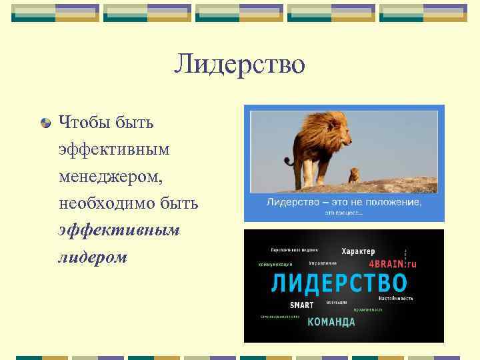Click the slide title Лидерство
(x=239, y=64)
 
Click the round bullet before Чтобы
(x=45, y=123)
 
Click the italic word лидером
(x=92, y=257)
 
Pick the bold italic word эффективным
(x=119, y=229)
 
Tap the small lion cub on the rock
(x=353, y=175)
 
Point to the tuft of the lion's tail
(x=288, y=161)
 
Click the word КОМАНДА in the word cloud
(x=331, y=322)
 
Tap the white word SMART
(x=301, y=305)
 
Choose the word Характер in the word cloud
(x=358, y=251)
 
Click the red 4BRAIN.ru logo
(x=392, y=264)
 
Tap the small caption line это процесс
(x=344, y=213)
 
